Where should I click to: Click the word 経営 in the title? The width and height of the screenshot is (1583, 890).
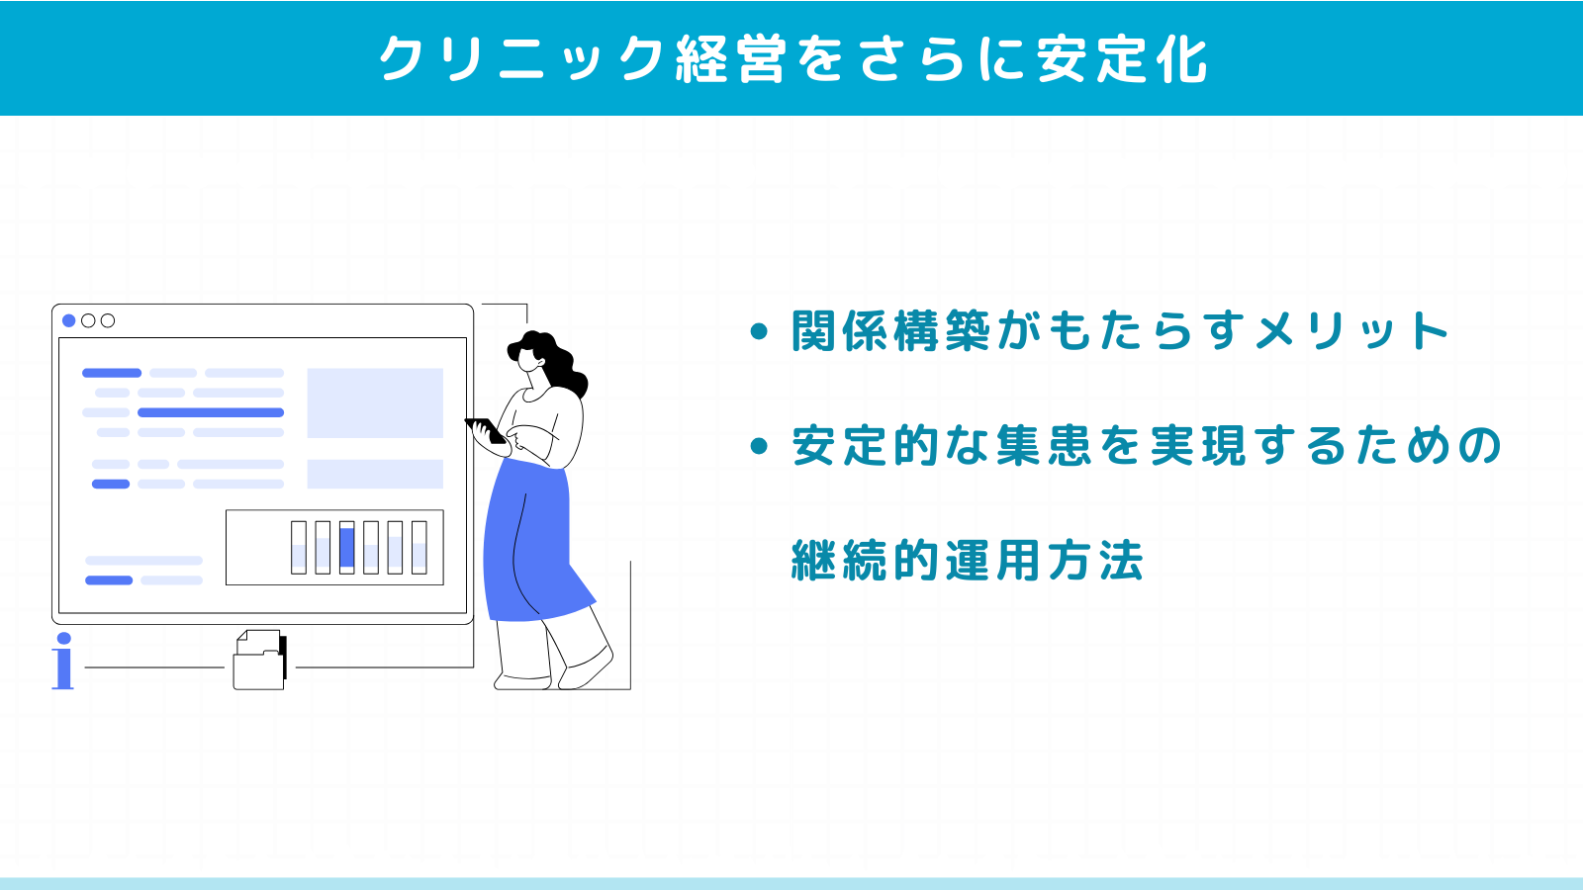pos(730,58)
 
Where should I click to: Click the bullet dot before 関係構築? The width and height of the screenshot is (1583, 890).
pos(759,331)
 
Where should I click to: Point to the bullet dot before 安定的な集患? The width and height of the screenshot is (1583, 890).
pos(759,446)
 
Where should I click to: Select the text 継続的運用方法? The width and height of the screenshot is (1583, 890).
pos(967,561)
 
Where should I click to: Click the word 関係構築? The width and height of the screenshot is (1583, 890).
pos(890,330)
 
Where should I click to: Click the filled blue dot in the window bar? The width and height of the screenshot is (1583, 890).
pos(68,320)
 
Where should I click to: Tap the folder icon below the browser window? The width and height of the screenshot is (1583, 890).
pos(259,661)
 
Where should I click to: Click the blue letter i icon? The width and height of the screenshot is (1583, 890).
pos(63,661)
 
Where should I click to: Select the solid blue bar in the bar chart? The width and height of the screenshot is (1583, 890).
pos(346,548)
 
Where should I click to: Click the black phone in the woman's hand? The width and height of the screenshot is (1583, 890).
pos(486,430)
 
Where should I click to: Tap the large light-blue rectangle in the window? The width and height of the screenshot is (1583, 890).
pos(375,402)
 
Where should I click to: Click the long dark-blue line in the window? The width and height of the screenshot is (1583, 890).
pos(211,412)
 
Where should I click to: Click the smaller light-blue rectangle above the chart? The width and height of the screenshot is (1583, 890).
pos(375,474)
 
